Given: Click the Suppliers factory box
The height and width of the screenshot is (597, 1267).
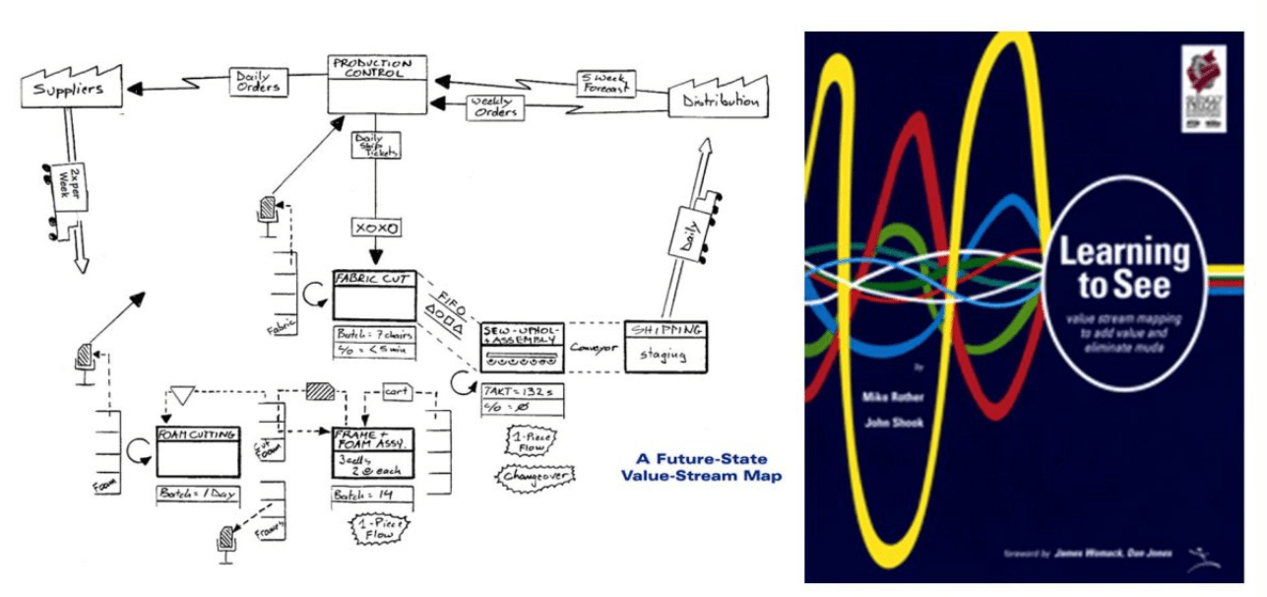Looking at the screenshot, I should (x=64, y=91).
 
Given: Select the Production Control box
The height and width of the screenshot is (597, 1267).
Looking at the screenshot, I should (x=377, y=85).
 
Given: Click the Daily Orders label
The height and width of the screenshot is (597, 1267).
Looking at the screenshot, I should (x=259, y=81).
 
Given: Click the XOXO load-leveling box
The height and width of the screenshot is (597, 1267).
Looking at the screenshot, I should (x=375, y=229).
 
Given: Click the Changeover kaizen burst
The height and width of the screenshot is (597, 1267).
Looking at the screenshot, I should (x=528, y=476).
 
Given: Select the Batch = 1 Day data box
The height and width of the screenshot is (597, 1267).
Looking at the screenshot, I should (x=198, y=494).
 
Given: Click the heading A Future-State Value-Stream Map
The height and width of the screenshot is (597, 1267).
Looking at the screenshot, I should (x=700, y=467).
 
